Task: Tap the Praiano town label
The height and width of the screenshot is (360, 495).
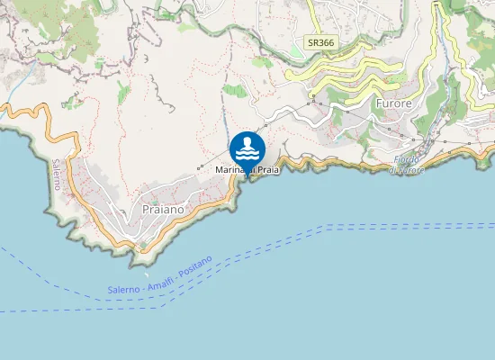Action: pos(163,209)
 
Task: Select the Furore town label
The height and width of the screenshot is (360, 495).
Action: pos(392,104)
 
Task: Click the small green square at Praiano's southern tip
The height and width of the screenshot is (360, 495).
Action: pos(141,244)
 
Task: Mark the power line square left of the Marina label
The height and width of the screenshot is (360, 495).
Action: pos(200,168)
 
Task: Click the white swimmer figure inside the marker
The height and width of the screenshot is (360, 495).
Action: pos(247,145)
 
